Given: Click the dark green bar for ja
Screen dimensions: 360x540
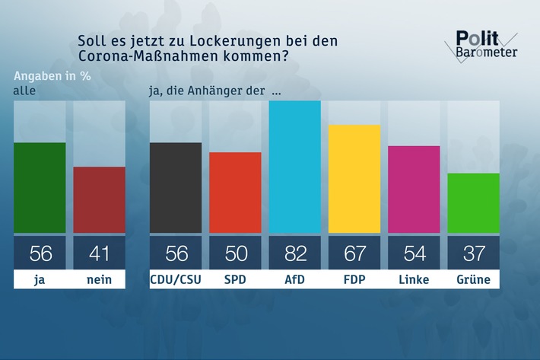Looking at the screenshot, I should pyautogui.click(x=40, y=187).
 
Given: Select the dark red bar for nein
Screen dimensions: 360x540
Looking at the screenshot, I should pyautogui.click(x=99, y=199).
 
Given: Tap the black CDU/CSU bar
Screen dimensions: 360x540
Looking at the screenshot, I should pyautogui.click(x=176, y=187).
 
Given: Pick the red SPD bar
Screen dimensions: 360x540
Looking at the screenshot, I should pyautogui.click(x=235, y=193).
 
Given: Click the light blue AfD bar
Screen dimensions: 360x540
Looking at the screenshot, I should pyautogui.click(x=294, y=166).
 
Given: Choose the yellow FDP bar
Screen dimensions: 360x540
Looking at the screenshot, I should pyautogui.click(x=354, y=179).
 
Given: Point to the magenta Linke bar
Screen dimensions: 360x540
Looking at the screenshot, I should pyautogui.click(x=414, y=189).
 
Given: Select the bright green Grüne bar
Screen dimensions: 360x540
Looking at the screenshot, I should pyautogui.click(x=473, y=203).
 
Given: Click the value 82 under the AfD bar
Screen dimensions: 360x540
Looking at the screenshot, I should pyautogui.click(x=294, y=252).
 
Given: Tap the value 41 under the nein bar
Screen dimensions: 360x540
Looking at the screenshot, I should pyautogui.click(x=99, y=252).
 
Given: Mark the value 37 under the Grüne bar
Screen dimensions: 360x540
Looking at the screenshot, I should pyautogui.click(x=473, y=252).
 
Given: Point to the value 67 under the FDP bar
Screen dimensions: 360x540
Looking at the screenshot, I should pyautogui.click(x=354, y=252).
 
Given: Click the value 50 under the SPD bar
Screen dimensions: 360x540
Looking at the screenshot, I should pyautogui.click(x=235, y=252).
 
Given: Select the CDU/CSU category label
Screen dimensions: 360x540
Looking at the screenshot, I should pyautogui.click(x=176, y=279).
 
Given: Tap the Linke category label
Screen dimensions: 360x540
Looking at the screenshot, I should pyautogui.click(x=414, y=279).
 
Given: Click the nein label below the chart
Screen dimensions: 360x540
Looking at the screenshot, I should pyautogui.click(x=99, y=279).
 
